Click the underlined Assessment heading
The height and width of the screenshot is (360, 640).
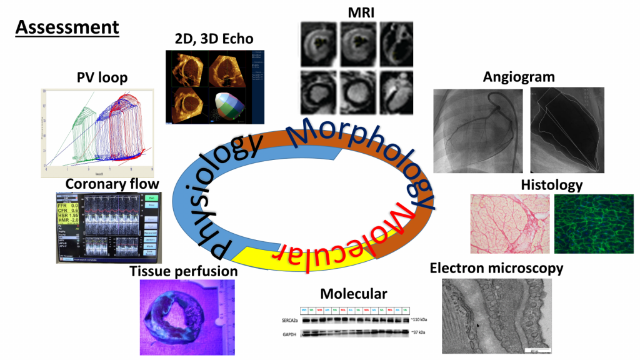pos(67,27)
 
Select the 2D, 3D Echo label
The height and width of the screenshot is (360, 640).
pos(214,39)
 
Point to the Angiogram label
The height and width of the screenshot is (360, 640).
pos(519,77)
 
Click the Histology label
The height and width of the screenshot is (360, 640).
pos(551,185)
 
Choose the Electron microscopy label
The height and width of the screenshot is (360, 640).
pos(496,268)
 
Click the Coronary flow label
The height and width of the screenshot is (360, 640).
pos(112,184)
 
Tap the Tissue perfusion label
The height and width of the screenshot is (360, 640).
pos(184,271)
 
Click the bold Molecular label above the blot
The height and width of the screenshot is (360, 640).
pos(354,294)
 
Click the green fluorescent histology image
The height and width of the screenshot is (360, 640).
pos(594,222)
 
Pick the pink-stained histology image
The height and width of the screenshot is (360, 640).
pos(510,222)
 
